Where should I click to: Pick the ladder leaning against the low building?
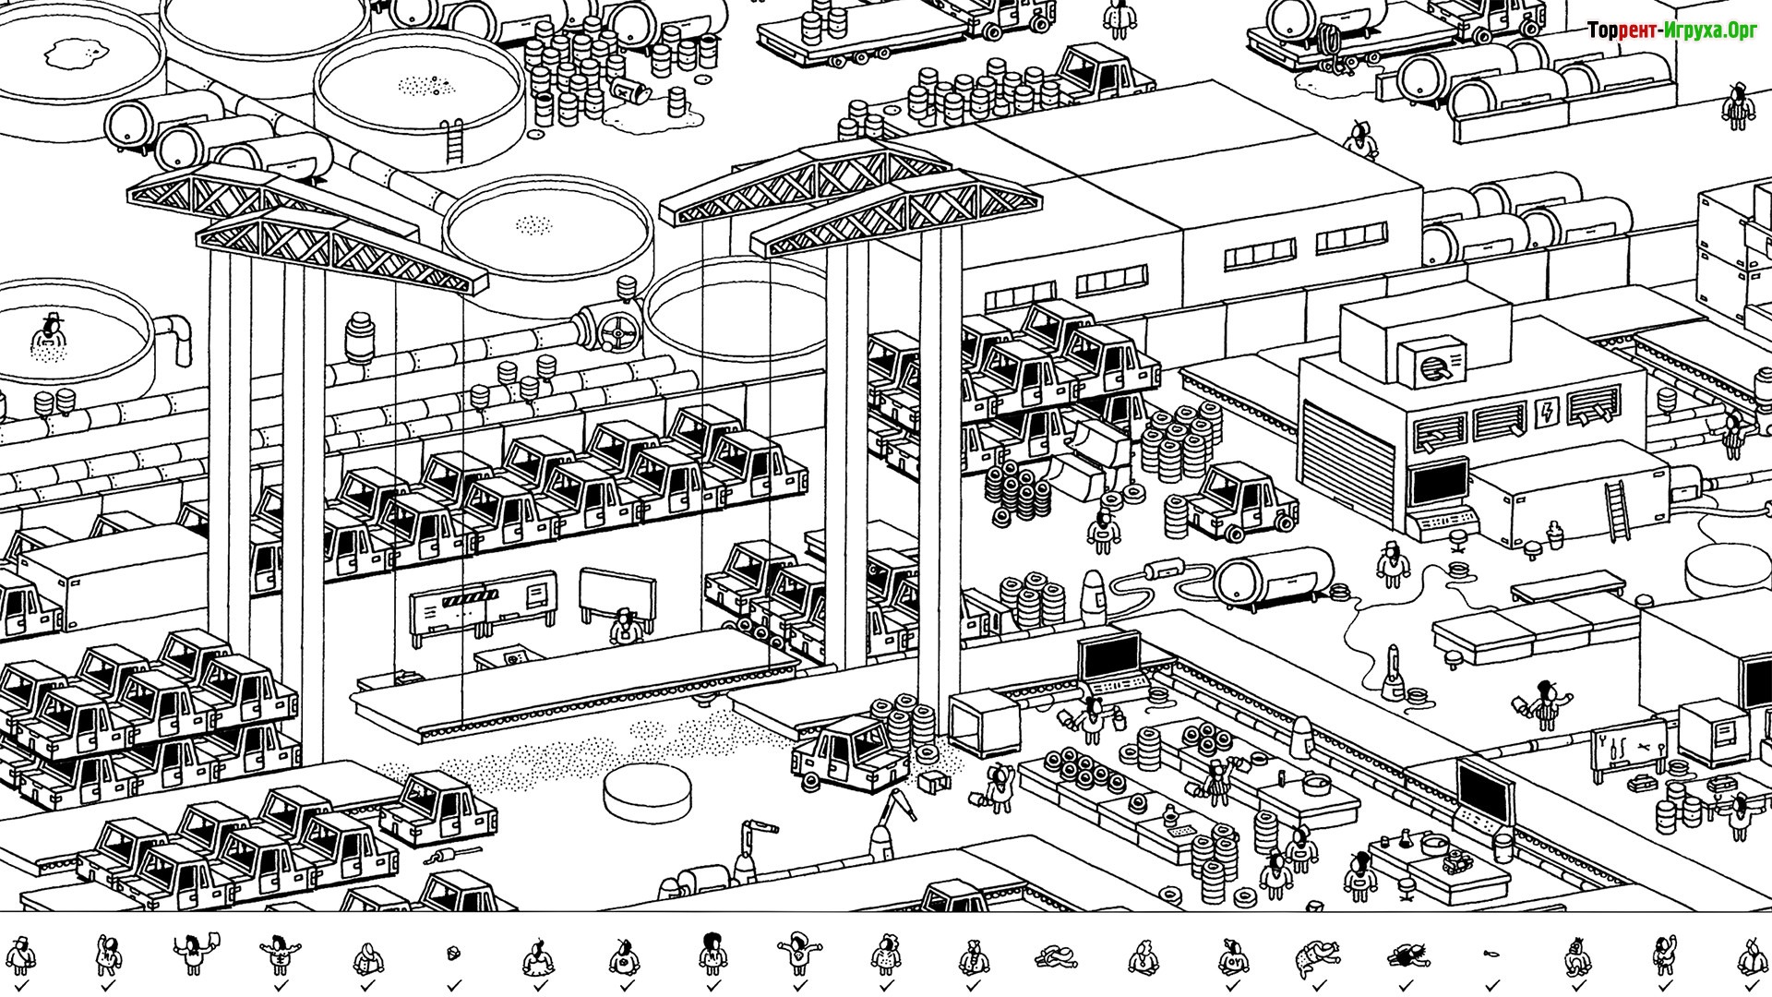(1617, 512)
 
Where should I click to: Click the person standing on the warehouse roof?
(1359, 138)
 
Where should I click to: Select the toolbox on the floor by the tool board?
(1640, 782)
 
